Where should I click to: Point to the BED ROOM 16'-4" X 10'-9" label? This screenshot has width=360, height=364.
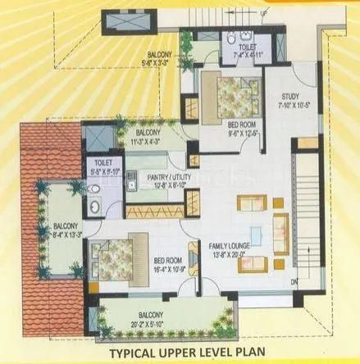coord(170,265)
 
